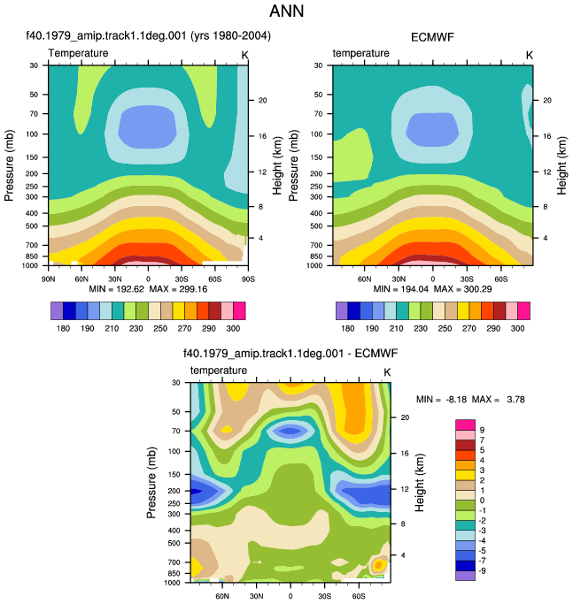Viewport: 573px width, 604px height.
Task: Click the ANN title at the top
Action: (286, 11)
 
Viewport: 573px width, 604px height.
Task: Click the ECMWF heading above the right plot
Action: (432, 37)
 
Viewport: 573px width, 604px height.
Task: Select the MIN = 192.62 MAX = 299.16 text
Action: (148, 289)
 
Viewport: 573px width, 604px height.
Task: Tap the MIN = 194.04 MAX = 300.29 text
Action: (432, 289)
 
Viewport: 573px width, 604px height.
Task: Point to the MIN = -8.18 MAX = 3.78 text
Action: (470, 400)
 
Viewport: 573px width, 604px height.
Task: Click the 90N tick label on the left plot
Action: (48, 279)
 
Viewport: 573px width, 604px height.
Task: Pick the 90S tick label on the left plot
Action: (248, 279)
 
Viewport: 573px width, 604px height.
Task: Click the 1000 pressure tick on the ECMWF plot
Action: (314, 266)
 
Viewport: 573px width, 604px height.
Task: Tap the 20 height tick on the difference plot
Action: (405, 417)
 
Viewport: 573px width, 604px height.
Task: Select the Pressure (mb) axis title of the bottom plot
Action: (151, 482)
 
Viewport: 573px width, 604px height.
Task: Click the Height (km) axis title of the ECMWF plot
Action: (561, 165)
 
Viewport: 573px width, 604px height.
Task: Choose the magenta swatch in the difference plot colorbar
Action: (465, 424)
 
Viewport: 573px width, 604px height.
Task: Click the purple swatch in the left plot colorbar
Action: (57, 311)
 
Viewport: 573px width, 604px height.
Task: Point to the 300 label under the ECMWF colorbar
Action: (517, 329)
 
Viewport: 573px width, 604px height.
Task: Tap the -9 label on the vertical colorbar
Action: (482, 571)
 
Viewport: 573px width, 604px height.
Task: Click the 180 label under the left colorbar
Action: (63, 329)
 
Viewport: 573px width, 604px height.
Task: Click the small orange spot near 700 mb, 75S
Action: (378, 565)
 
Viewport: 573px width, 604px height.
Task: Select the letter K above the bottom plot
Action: (387, 372)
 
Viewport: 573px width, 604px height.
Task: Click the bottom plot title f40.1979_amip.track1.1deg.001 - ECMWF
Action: (290, 353)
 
